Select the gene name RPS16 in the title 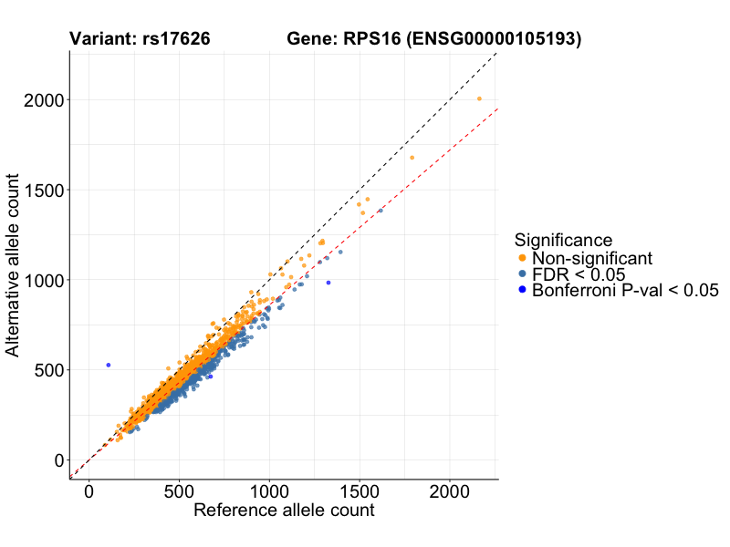click(x=373, y=39)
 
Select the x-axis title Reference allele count click(x=284, y=511)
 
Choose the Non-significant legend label click(x=592, y=258)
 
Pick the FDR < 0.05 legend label click(x=579, y=274)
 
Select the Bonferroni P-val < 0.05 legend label click(x=626, y=291)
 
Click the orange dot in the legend click(x=522, y=258)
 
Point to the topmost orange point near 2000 click(x=479, y=98)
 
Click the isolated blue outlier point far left click(x=108, y=365)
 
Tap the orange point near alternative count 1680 click(x=412, y=158)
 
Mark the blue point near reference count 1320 click(x=328, y=283)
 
